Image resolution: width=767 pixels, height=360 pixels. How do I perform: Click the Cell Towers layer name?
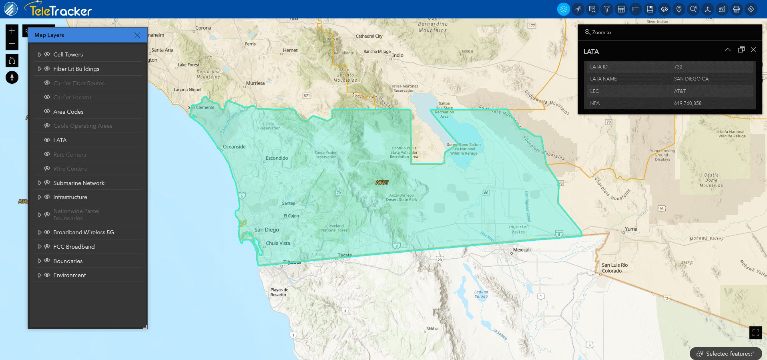[x=68, y=54]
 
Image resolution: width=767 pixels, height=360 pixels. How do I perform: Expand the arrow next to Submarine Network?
[x=40, y=183]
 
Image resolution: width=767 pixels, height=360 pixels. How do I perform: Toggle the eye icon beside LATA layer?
[x=47, y=140]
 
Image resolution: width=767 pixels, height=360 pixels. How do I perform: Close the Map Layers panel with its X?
[x=137, y=35]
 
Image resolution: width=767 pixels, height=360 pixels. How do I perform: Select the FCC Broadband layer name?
[x=74, y=247]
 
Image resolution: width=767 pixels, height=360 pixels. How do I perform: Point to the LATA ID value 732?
[x=678, y=67]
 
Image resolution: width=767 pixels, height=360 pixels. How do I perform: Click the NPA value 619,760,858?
[x=687, y=103]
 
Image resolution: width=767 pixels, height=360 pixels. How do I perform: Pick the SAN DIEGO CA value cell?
[x=691, y=79]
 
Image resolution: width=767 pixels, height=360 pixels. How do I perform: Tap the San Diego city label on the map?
[x=267, y=230]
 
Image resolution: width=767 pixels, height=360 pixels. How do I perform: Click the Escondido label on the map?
[x=277, y=158]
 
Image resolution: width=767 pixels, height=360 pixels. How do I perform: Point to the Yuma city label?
[x=631, y=229]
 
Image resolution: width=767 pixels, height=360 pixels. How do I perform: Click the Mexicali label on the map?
[x=522, y=250]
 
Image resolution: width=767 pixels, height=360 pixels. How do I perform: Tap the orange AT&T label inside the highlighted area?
[x=382, y=183]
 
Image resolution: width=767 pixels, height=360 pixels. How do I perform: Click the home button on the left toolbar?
[x=12, y=60]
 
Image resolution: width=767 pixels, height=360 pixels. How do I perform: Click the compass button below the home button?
[x=12, y=77]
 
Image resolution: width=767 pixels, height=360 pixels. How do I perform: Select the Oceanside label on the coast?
[x=234, y=147]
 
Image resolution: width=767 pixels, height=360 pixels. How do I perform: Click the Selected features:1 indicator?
[x=726, y=354]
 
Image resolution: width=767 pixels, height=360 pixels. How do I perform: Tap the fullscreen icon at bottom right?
[x=755, y=333]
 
